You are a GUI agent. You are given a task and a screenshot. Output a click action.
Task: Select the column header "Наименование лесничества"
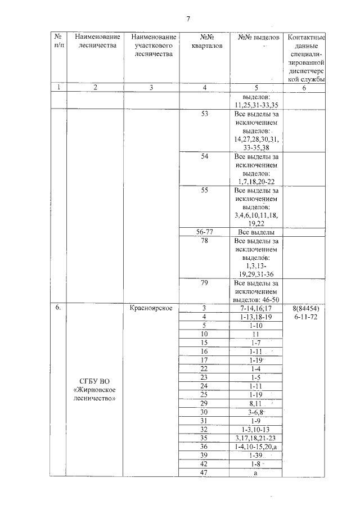tap(95, 41)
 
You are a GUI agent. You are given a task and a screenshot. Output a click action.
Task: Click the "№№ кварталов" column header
tap(204, 41)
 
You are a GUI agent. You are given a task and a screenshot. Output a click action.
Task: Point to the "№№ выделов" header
tap(255, 37)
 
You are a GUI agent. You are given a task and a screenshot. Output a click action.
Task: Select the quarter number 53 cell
tap(204, 114)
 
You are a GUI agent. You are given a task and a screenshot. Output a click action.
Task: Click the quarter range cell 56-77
tap(204, 232)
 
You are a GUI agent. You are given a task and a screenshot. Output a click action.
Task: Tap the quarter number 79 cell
tap(204, 283)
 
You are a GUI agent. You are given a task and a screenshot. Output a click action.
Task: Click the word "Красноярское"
tap(151, 308)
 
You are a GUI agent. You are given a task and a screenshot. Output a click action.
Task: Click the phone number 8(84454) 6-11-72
tap(307, 313)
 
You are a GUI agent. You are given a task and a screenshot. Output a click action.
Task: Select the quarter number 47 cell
tap(204, 474)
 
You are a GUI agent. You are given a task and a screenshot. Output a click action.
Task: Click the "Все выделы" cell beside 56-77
tap(255, 232)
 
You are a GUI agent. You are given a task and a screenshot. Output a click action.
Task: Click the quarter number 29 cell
tap(204, 404)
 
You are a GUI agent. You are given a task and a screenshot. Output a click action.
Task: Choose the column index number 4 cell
tap(204, 87)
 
